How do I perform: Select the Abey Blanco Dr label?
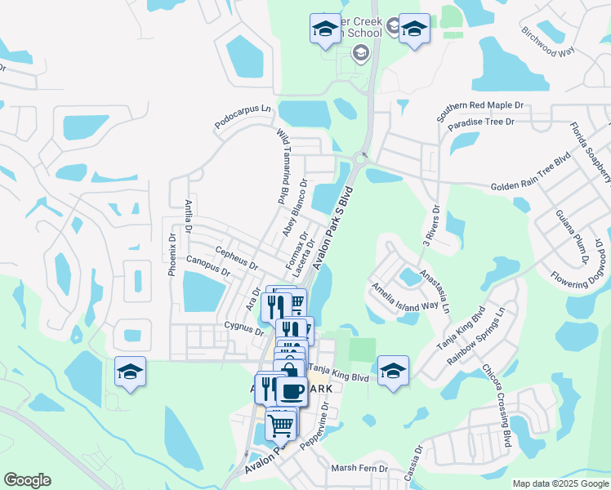pos(294,209)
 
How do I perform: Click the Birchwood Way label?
pos(549,43)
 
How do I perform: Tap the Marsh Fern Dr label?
pos(359,469)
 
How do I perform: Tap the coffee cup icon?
pos(292,390)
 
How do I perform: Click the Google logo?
pos(28,480)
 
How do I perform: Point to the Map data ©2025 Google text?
pos(560,483)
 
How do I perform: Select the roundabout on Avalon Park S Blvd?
pos(361,158)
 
